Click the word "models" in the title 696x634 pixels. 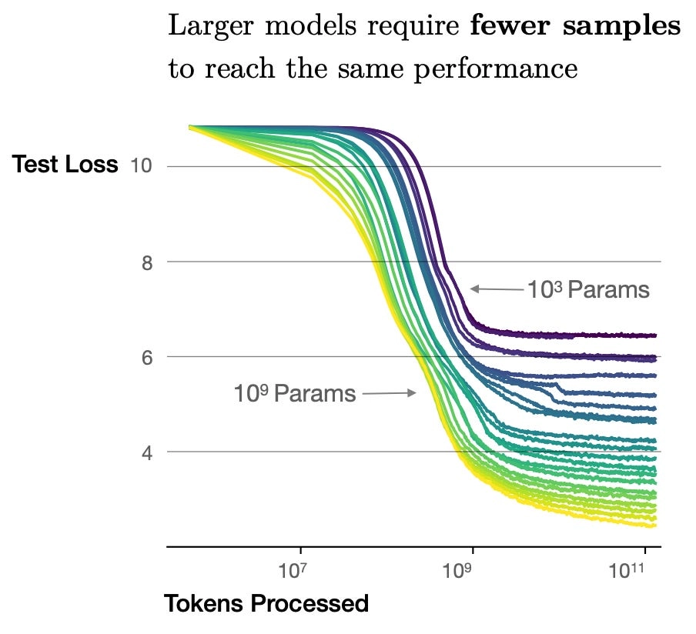(311, 25)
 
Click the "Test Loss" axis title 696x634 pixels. (65, 164)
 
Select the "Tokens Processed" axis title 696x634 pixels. (266, 603)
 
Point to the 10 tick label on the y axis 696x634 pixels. (141, 166)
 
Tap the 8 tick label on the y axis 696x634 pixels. (147, 263)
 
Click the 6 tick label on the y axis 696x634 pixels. (147, 358)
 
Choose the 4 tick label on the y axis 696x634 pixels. (147, 453)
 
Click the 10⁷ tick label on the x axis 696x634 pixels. (292, 570)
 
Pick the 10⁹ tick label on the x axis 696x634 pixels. (457, 570)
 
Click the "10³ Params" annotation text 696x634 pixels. (588, 290)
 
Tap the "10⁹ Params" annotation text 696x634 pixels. (295, 393)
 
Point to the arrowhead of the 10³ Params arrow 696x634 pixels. (473, 289)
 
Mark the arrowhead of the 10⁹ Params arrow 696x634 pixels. (413, 392)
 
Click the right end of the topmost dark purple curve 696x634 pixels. (655, 335)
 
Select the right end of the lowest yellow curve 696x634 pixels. (654, 526)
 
